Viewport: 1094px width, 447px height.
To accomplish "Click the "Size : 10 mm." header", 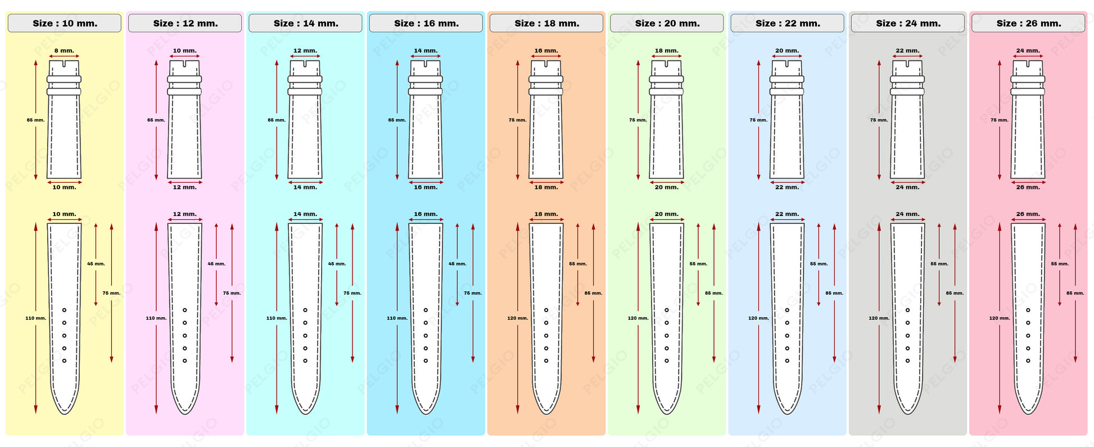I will point(65,24).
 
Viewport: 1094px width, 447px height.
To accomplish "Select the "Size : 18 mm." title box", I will point(546,24).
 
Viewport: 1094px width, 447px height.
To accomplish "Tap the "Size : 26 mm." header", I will point(1028,24).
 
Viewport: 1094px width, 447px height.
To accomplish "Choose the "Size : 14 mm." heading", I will point(305,24).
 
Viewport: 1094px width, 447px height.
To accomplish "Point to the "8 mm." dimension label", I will point(64,51).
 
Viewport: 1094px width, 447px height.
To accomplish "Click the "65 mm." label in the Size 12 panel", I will point(156,120).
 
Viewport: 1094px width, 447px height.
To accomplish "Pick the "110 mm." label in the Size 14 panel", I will point(277,318).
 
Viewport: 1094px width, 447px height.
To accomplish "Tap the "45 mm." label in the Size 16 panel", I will point(457,264).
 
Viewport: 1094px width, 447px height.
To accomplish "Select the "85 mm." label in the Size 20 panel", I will point(713,293).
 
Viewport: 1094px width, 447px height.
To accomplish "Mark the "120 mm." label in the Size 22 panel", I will point(758,318).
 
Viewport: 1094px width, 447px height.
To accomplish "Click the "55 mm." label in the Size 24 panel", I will point(939,264).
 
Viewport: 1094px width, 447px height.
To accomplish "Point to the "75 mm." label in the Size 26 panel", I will point(999,120).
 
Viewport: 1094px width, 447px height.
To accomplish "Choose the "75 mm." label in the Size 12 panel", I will point(232,293).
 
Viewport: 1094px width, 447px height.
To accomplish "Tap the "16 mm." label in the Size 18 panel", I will point(546,51).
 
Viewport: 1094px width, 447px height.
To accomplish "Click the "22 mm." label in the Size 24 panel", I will point(907,51).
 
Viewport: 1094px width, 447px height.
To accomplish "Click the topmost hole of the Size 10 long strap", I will point(64,310).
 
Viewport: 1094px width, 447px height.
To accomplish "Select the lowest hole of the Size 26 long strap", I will point(1028,360).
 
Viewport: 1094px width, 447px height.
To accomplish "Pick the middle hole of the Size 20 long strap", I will point(667,336).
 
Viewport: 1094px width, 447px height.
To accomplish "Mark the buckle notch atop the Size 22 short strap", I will point(787,64).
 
